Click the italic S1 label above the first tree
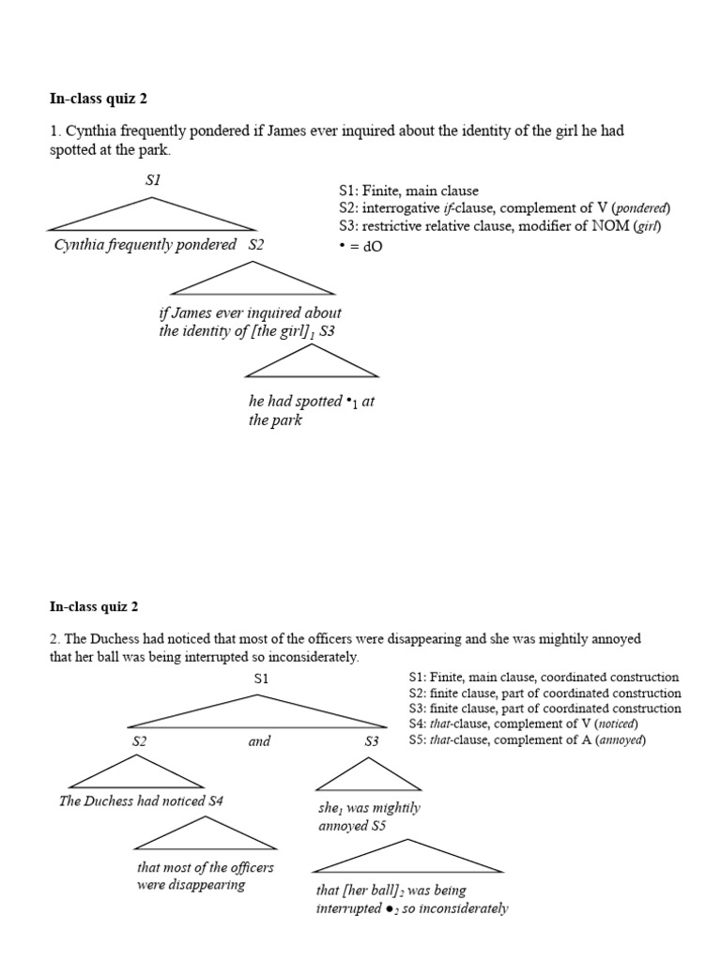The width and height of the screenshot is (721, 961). pos(153,179)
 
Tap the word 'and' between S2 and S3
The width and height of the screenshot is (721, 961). pos(259,741)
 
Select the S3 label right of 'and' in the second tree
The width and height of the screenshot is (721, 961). pos(371,741)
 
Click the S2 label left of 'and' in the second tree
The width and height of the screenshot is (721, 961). pos(139,741)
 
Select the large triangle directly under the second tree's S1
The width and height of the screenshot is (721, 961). pos(257,712)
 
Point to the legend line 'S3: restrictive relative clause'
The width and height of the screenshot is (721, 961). pos(499,226)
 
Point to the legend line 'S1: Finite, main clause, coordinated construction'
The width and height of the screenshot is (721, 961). pos(544,677)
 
